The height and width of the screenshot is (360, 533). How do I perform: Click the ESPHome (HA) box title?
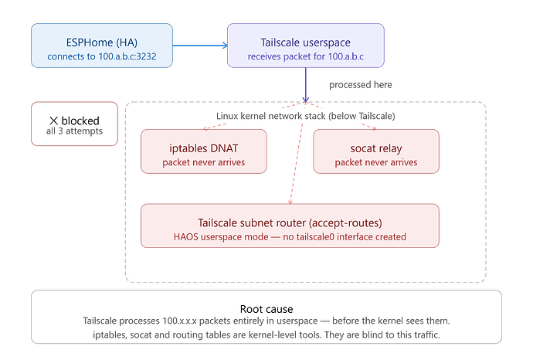click(102, 42)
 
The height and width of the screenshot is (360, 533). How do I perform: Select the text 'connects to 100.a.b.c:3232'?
click(102, 56)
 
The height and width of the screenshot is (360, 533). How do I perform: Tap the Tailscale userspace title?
click(306, 42)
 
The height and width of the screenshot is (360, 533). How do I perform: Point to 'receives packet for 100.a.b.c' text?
click(306, 56)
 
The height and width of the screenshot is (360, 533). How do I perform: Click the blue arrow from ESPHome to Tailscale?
click(200, 46)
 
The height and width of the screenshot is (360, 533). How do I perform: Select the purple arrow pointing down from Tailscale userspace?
click(306, 85)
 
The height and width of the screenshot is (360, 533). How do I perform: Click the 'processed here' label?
click(360, 85)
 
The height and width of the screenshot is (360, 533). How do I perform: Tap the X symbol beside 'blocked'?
click(54, 121)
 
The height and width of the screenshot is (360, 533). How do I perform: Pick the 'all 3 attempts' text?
click(74, 131)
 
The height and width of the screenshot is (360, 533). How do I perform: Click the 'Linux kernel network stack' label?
click(306, 116)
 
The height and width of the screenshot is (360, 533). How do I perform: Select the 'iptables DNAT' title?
click(204, 148)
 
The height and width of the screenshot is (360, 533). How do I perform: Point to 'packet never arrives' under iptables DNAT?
click(204, 162)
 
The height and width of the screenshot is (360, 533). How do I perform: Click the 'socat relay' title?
click(376, 148)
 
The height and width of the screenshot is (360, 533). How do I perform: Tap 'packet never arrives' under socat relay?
click(376, 162)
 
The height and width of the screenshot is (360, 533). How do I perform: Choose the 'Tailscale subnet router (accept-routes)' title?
click(290, 223)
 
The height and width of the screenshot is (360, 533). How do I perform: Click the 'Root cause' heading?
click(266, 309)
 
